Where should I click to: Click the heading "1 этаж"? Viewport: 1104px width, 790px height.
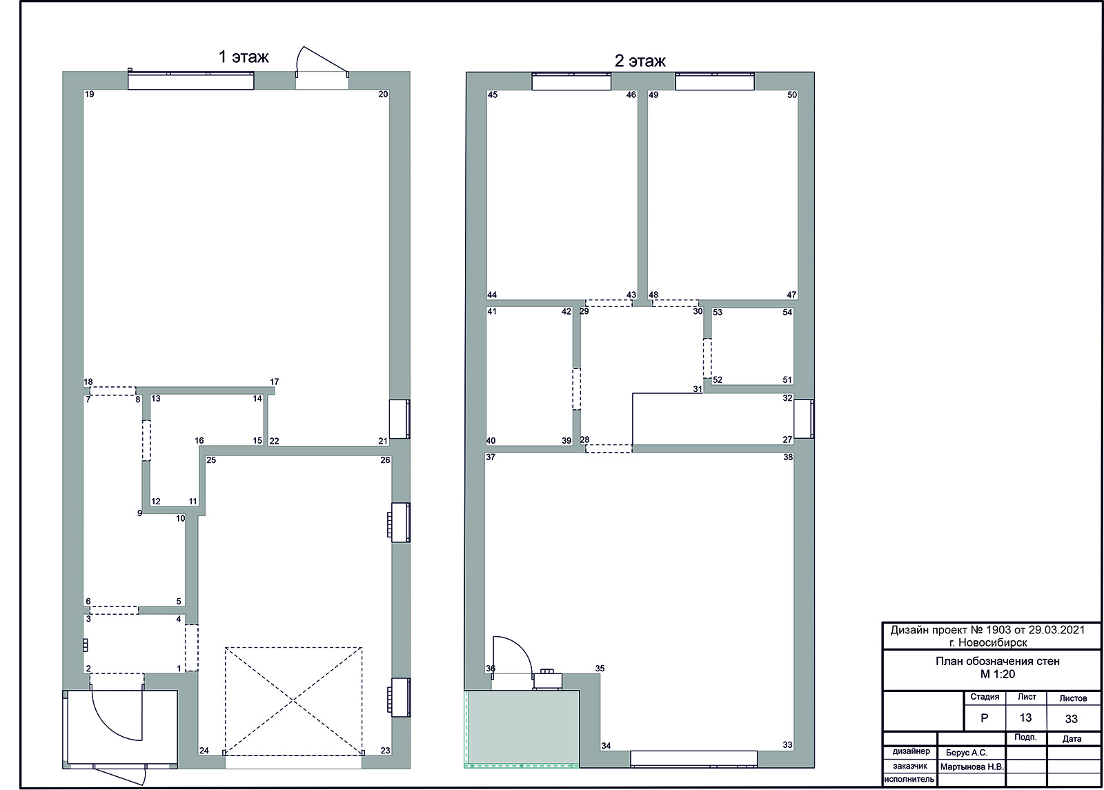[x=244, y=57]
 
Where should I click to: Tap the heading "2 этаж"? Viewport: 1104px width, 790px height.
[x=640, y=61]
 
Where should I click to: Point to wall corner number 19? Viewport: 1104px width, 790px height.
[x=89, y=94]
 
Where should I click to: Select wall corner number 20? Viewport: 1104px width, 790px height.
[x=383, y=94]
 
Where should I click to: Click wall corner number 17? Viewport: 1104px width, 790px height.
[x=274, y=382]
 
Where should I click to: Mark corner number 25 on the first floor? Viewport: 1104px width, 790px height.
[x=211, y=460]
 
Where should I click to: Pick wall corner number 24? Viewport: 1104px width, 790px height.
[x=204, y=751]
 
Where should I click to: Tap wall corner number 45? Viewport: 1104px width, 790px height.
[x=493, y=95]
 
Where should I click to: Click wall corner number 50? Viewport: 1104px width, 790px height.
[x=791, y=95]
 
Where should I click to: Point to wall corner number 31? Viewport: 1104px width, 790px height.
[x=698, y=389]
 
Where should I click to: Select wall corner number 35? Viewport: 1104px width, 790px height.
[x=600, y=669]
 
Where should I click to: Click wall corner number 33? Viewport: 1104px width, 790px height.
[x=787, y=745]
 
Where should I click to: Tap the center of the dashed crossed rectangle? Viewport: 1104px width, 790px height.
[x=294, y=701]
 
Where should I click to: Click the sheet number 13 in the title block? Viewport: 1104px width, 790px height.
[x=1025, y=718]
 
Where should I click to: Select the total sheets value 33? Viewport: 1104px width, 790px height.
[x=1072, y=719]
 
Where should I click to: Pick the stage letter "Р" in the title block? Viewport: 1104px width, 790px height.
[x=984, y=718]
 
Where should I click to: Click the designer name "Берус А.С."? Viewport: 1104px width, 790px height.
[x=967, y=753]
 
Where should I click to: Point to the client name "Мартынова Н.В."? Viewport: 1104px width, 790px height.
[x=972, y=767]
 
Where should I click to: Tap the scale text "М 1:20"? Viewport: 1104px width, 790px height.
[x=998, y=674]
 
